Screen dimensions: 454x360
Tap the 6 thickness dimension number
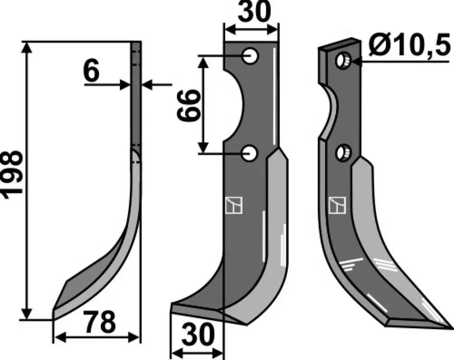click(x=91, y=72)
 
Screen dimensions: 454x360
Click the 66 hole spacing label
click(x=189, y=105)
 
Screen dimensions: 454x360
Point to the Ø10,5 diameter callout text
click(x=410, y=46)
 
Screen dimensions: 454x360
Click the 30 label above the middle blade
click(x=254, y=12)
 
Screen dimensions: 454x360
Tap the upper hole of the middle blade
click(x=250, y=56)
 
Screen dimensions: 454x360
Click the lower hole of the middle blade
click(x=250, y=153)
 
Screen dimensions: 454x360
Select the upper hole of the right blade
click(x=343, y=61)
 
